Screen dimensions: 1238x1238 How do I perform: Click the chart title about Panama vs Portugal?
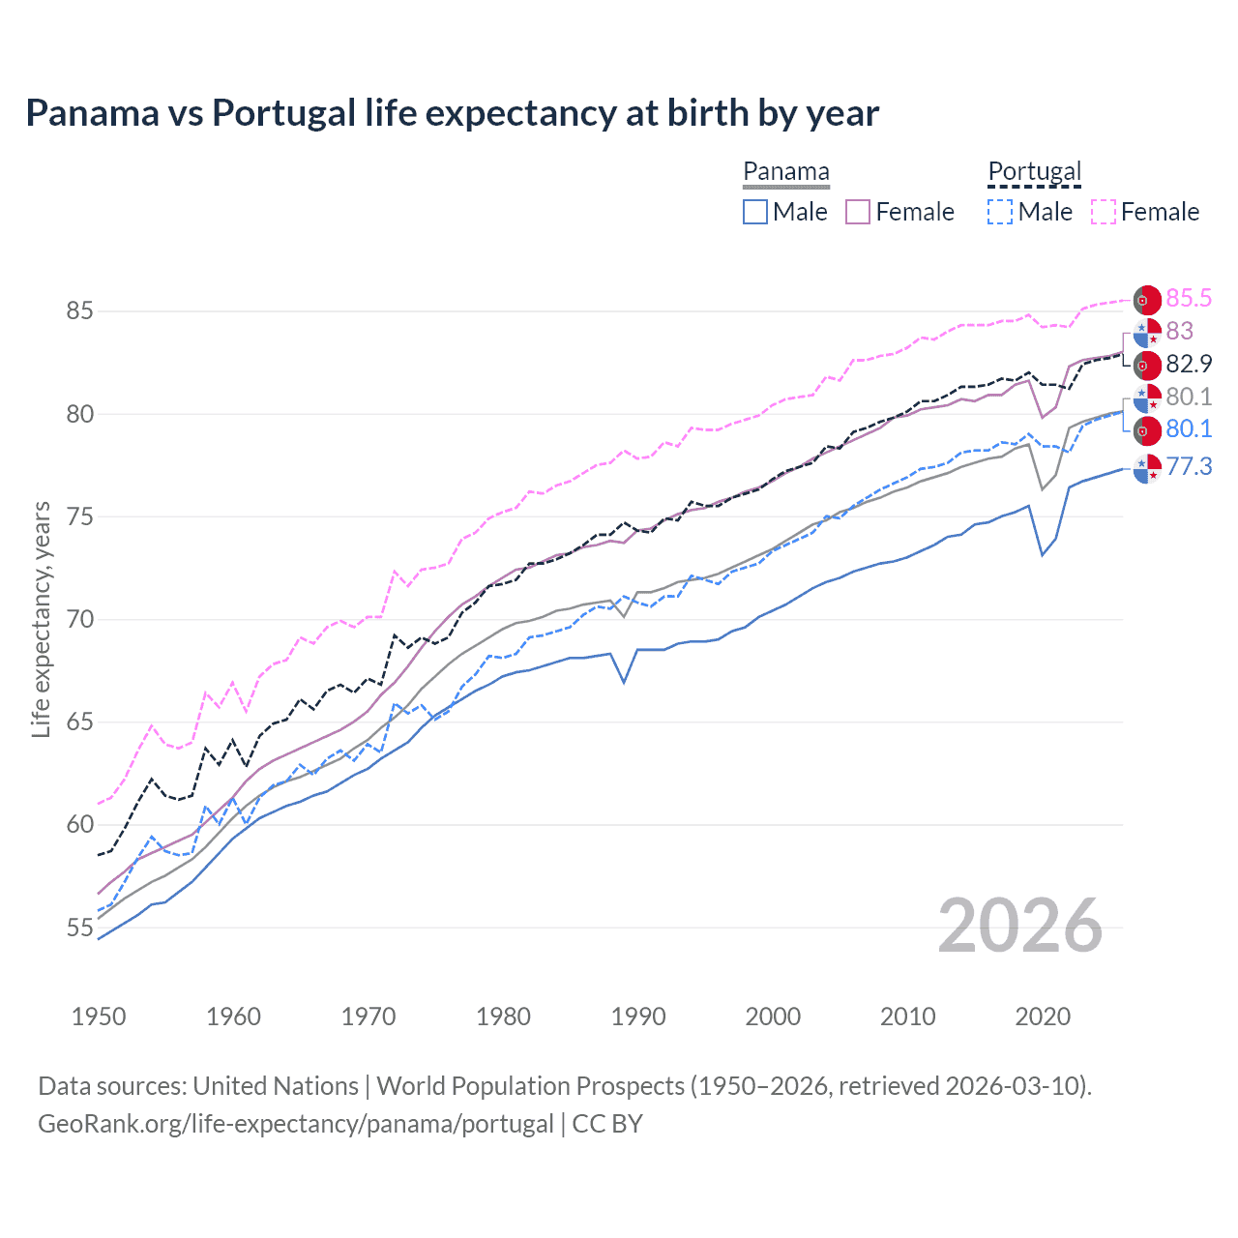click(452, 113)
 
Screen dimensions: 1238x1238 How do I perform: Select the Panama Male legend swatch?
click(755, 212)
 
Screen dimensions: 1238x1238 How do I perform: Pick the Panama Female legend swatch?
click(859, 212)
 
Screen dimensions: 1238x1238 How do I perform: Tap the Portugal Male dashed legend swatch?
click(1000, 212)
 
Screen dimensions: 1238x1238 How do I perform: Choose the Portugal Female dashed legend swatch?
click(1104, 212)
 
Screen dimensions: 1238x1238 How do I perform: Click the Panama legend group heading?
click(786, 172)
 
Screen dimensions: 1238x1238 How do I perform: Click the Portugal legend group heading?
click(1034, 172)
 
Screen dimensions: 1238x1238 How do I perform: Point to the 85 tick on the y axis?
click(79, 311)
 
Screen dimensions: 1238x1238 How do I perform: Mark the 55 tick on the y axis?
click(79, 928)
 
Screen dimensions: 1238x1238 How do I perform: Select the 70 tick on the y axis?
click(79, 620)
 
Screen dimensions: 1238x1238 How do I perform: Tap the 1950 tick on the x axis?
click(99, 1017)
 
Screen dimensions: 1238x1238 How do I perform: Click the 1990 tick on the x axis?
click(638, 1017)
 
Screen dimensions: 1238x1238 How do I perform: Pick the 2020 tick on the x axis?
click(1043, 1017)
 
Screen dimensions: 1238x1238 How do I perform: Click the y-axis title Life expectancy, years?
click(41, 619)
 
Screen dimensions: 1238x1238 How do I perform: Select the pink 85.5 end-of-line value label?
click(1189, 299)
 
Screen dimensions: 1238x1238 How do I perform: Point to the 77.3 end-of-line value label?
click(1189, 467)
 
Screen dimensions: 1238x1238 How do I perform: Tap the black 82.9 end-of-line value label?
click(1189, 365)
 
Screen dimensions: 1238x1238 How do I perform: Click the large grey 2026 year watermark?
click(1020, 926)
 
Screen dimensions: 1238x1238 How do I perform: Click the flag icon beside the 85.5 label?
click(1147, 300)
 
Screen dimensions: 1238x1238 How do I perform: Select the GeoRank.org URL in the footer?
click(296, 1124)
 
